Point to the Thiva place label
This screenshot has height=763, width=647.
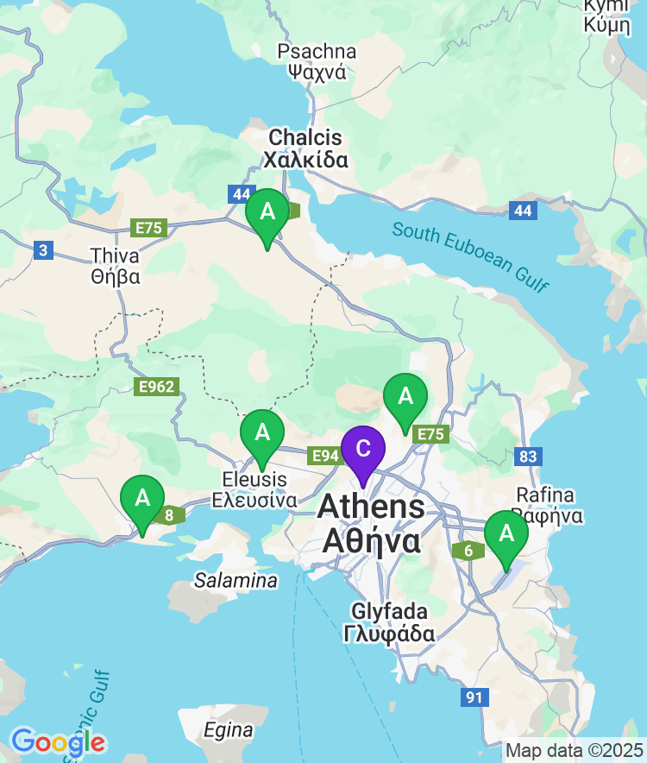(x=116, y=267)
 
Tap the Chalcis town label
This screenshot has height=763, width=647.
(x=305, y=148)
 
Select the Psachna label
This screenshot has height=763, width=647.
(x=317, y=61)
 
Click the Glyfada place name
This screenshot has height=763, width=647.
(x=389, y=622)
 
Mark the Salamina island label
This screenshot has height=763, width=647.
(x=236, y=580)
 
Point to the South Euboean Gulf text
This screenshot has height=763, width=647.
(x=469, y=256)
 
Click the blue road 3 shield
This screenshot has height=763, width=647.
(x=44, y=251)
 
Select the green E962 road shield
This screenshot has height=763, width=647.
(x=156, y=387)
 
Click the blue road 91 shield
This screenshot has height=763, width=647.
(x=474, y=697)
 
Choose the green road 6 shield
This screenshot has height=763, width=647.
(x=468, y=551)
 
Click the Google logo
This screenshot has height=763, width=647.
(x=59, y=741)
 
